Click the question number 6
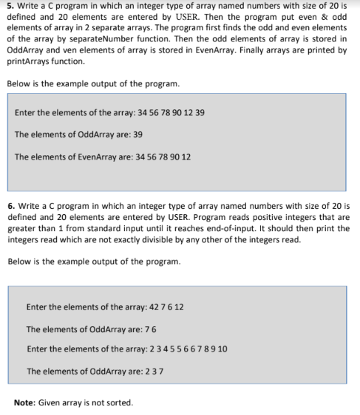point(10,199)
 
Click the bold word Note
point(24,402)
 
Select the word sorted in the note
point(120,402)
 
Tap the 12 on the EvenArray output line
point(186,157)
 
